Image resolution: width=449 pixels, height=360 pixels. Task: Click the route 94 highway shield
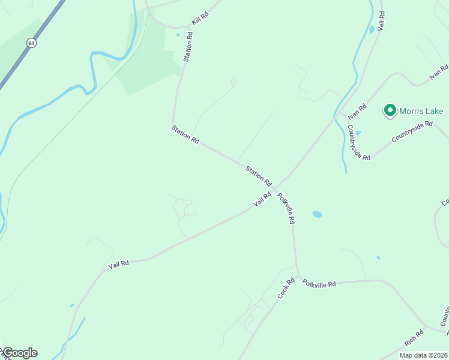[30, 43]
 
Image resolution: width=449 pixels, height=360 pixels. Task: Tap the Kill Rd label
[200, 18]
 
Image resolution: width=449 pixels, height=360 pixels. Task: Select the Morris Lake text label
[422, 111]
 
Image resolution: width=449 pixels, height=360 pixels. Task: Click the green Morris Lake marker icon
[390, 110]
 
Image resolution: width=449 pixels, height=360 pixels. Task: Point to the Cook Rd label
[286, 288]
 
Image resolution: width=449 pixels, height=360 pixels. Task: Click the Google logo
[19, 353]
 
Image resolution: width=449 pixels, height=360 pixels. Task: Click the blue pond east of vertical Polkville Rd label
[317, 214]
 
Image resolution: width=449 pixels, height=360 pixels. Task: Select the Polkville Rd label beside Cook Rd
[319, 284]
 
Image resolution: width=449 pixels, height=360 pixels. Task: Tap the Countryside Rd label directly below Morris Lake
[412, 132]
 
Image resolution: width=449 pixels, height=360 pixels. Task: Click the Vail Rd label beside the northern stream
[380, 20]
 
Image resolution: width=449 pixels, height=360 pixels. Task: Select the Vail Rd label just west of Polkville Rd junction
[262, 199]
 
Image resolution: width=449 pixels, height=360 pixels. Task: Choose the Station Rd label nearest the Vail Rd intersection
[259, 176]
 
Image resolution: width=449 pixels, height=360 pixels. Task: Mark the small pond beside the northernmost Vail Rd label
[372, 28]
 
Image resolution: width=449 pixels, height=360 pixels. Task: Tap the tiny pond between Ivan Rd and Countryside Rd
[358, 133]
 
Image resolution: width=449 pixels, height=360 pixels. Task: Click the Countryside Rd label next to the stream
[359, 141]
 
